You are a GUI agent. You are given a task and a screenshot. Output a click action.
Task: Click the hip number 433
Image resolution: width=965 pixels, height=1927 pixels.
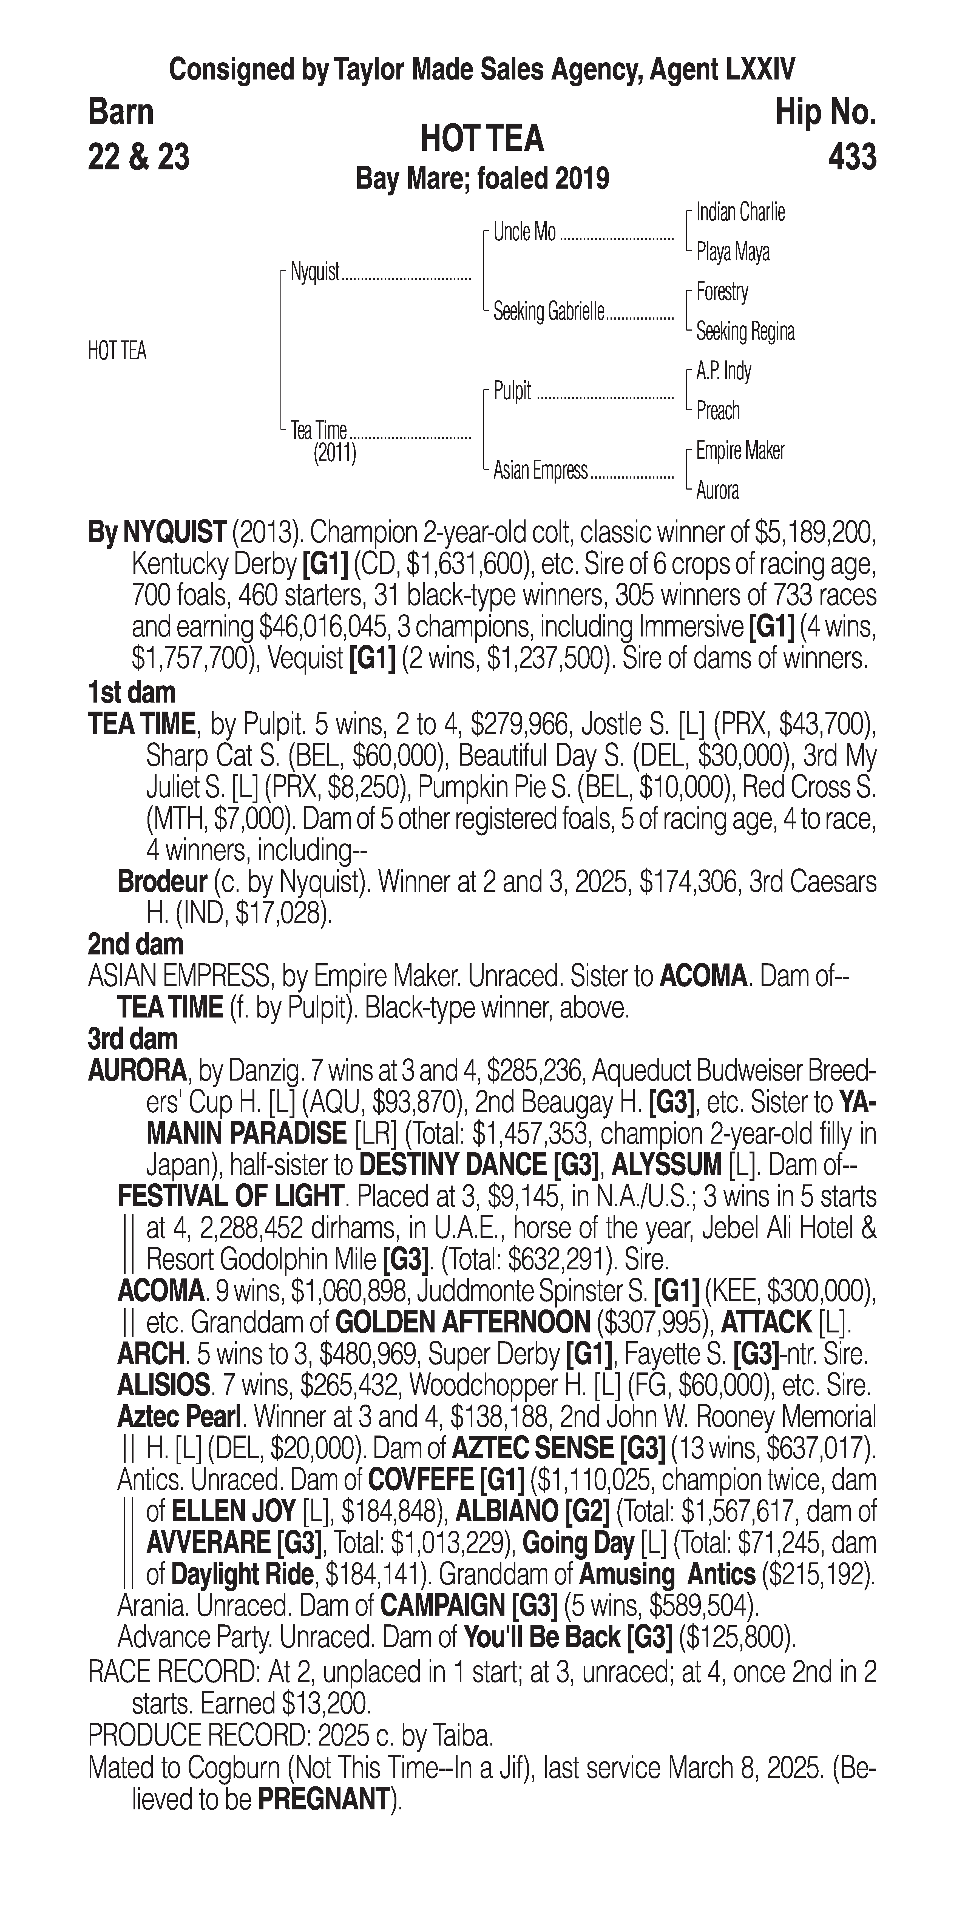[852, 157]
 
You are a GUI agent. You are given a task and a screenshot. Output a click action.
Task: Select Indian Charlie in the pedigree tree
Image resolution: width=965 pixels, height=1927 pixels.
[740, 212]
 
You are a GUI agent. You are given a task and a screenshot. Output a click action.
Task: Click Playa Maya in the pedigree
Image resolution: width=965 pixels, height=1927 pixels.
[732, 252]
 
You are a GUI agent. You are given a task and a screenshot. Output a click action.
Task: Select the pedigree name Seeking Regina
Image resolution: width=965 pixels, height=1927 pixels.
[744, 331]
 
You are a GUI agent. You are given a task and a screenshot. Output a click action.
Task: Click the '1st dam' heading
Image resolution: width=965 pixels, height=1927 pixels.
[132, 693]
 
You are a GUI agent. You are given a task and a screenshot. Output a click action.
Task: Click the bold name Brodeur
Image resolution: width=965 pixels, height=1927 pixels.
[161, 882]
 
